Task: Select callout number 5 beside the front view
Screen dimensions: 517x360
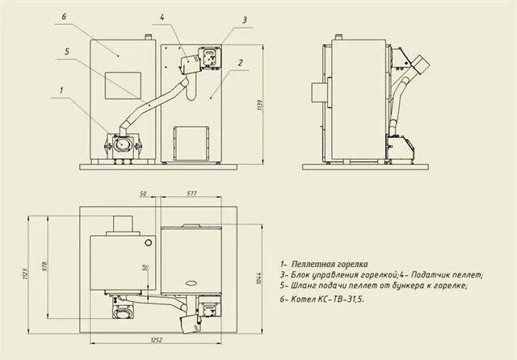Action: pyautogui.click(x=68, y=52)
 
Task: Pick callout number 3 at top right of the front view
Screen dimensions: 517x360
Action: pyautogui.click(x=244, y=21)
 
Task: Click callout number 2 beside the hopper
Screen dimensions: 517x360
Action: pyautogui.click(x=239, y=61)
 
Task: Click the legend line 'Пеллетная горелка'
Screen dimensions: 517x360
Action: pyautogui.click(x=327, y=264)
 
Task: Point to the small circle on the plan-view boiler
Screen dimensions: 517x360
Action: pyautogui.click(x=147, y=241)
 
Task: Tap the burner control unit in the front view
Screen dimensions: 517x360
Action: pyautogui.click(x=208, y=57)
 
